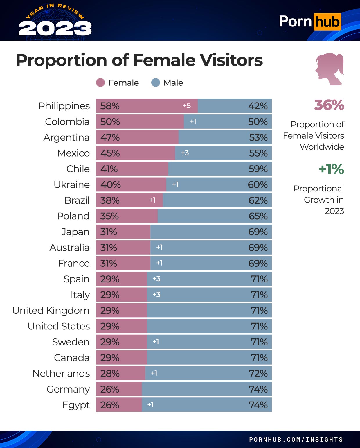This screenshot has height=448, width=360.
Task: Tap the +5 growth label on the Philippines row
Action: pyautogui.click(x=187, y=106)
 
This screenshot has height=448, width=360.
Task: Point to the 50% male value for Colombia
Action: pyautogui.click(x=258, y=121)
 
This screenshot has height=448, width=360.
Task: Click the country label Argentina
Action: pyautogui.click(x=66, y=137)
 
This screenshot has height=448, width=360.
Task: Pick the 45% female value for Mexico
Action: pyautogui.click(x=110, y=153)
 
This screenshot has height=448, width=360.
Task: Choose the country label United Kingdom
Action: pyautogui.click(x=51, y=311)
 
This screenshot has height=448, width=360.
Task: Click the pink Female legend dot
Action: pyautogui.click(x=100, y=83)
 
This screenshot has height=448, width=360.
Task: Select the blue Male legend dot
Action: pyautogui.click(x=156, y=83)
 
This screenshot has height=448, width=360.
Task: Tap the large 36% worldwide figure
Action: pyautogui.click(x=329, y=105)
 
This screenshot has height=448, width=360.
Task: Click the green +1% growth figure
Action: pyautogui.click(x=331, y=169)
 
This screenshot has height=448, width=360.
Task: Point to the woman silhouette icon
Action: pyautogui.click(x=330, y=69)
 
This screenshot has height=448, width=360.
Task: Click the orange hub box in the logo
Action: pyautogui.click(x=327, y=22)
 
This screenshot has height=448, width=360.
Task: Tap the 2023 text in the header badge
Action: pyautogui.click(x=55, y=29)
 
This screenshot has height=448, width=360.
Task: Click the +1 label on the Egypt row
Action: pyautogui.click(x=150, y=405)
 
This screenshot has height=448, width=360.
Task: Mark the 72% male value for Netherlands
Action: pyautogui.click(x=258, y=373)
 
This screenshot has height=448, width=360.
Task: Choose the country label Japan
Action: pyautogui.click(x=75, y=232)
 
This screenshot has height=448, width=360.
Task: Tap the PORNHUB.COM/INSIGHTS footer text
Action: pyautogui.click(x=296, y=440)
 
